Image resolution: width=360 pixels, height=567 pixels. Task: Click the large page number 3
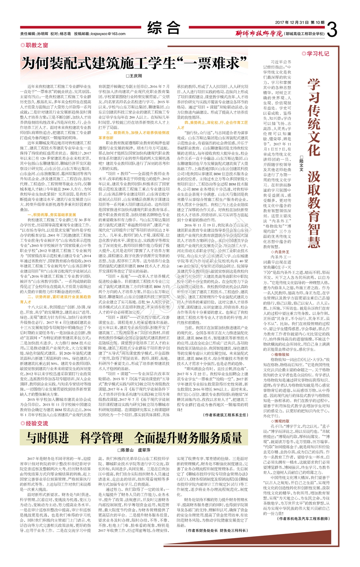point(332,30)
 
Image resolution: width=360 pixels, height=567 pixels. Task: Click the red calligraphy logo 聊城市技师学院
point(259,34)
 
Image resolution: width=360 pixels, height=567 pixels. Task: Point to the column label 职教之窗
point(37,45)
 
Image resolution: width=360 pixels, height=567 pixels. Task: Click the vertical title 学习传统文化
point(314,117)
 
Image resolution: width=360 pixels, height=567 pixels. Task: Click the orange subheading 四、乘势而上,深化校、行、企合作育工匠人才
point(212,125)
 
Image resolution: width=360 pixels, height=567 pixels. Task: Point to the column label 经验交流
point(37,423)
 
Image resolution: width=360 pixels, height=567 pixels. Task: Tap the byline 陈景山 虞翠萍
point(134,450)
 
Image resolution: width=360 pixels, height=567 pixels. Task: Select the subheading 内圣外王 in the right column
point(281,252)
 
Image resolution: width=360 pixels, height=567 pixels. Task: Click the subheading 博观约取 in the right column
point(281,421)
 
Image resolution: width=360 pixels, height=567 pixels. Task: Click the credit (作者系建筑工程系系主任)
point(226,415)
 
